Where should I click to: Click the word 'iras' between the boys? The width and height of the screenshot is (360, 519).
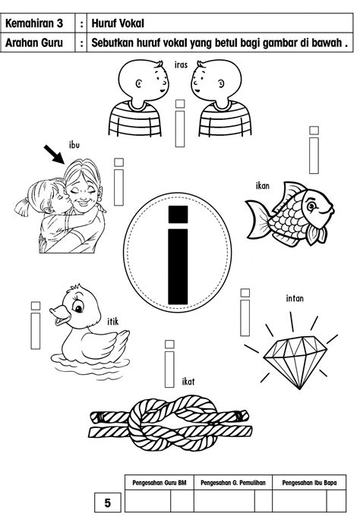181,65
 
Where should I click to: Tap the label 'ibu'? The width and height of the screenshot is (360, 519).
74,145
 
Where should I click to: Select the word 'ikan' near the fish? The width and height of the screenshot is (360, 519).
262,186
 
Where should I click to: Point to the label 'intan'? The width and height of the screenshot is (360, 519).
295,298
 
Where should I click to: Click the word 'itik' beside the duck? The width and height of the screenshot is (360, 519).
112,321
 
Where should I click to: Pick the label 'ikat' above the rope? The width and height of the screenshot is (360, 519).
188,382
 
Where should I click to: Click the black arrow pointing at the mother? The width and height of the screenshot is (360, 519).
54,155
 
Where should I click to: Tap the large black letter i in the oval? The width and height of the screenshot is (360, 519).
178,255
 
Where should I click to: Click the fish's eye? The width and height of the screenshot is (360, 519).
311,206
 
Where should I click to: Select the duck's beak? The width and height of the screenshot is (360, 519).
60,315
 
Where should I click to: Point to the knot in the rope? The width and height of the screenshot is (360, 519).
172,423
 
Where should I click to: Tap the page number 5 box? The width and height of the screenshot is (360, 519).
108,502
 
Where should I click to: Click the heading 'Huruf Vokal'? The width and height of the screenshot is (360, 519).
118,24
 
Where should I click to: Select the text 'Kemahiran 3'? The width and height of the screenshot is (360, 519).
34,24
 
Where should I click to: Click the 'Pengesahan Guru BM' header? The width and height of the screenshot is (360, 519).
159,483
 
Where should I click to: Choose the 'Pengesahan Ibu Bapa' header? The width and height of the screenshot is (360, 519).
309,483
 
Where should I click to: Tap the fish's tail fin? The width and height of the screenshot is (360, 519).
257,219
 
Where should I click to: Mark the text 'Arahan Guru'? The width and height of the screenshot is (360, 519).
34,42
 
